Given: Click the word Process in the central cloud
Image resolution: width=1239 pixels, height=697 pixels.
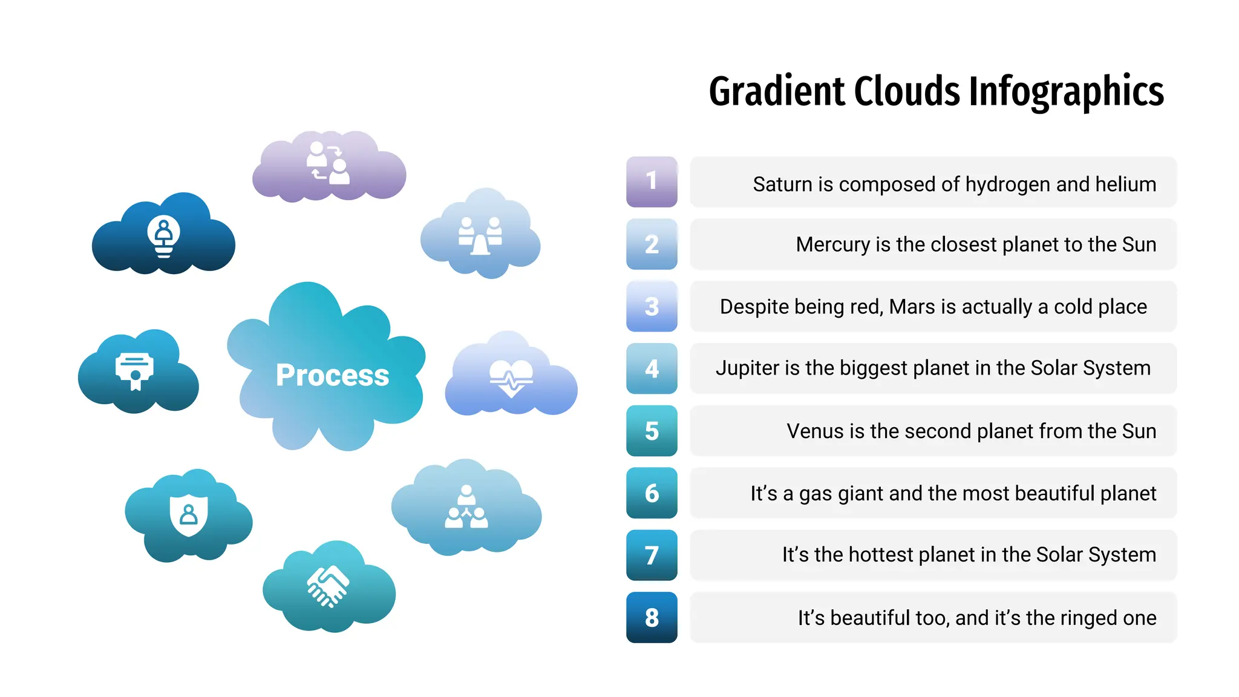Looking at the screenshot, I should click(332, 375).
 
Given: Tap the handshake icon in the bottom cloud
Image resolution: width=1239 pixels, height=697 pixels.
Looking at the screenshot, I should click(328, 586).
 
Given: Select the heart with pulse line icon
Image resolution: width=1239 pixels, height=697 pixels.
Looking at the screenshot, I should click(511, 378).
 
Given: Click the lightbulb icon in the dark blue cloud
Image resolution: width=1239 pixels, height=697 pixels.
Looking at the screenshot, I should click(163, 236).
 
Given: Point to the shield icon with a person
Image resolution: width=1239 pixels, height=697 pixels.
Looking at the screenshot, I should click(189, 515).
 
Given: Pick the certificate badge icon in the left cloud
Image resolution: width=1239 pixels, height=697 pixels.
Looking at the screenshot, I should click(134, 370).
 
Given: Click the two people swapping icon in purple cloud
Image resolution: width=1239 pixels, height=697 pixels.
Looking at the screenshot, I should click(328, 162).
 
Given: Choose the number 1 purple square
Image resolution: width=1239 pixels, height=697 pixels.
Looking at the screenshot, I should click(652, 182).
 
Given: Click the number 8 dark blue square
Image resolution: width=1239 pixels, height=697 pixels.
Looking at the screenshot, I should click(652, 617).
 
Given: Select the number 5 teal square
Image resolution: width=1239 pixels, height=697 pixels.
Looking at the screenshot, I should click(652, 431).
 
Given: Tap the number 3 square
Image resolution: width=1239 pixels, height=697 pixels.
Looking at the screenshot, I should click(652, 306).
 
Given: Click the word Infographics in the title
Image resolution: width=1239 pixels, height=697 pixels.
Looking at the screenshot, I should click(1066, 92).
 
